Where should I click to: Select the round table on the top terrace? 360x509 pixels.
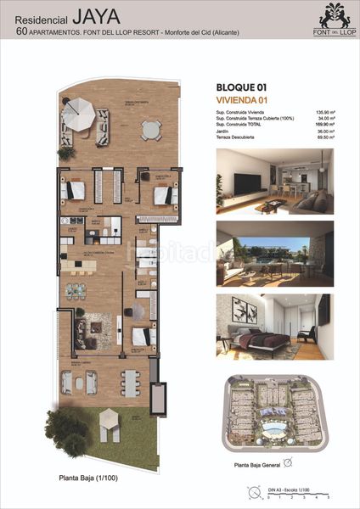(x=150, y=130)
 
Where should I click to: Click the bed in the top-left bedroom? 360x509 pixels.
(x=74, y=189)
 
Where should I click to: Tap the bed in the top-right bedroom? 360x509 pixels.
(x=160, y=193)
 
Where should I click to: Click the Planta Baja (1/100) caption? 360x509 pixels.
(x=91, y=479)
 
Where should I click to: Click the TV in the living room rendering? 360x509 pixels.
(x=247, y=180)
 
